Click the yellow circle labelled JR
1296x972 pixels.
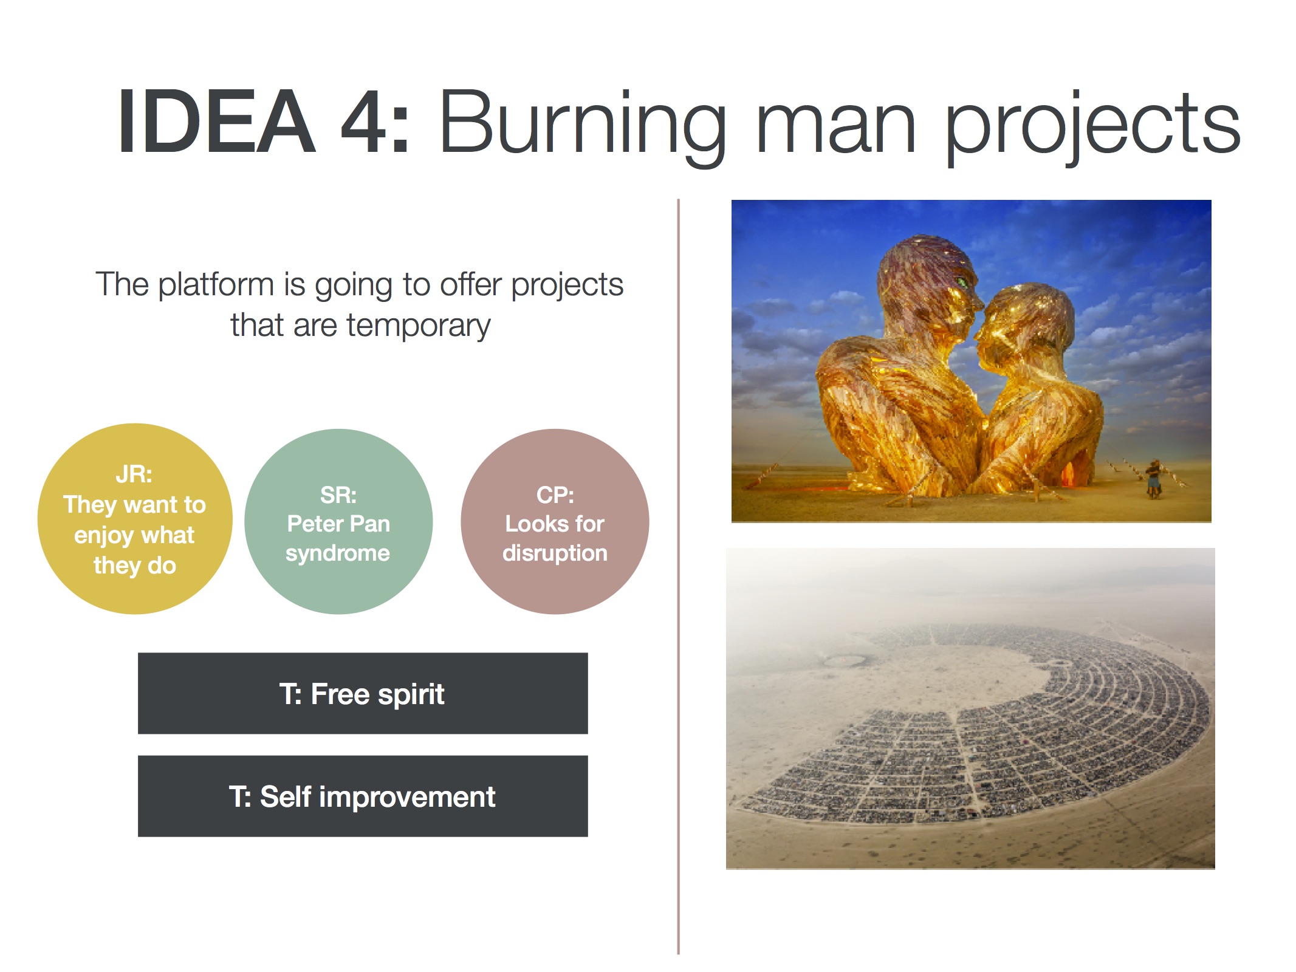click(x=135, y=519)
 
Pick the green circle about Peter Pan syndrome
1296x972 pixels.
click(x=338, y=521)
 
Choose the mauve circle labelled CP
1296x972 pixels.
click(x=555, y=521)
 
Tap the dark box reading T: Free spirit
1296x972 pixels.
click(x=363, y=693)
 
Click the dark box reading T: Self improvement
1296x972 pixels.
click(x=363, y=796)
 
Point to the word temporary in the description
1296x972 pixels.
click(x=419, y=326)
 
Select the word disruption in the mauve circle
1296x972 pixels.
click(x=555, y=553)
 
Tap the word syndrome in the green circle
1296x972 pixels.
click(x=338, y=553)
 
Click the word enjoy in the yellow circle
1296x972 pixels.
click(x=103, y=536)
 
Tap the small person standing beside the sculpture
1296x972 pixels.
click(x=1152, y=478)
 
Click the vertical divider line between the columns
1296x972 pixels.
click(x=678, y=576)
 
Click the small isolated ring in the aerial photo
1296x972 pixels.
click(x=845, y=660)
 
